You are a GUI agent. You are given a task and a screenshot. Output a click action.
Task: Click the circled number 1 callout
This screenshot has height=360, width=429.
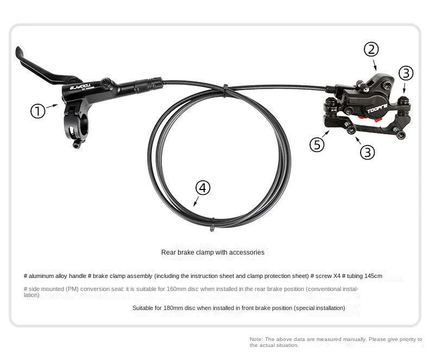pyautogui.click(x=38, y=111)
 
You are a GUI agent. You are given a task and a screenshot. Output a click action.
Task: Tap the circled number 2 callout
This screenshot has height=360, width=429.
pyautogui.click(x=371, y=49)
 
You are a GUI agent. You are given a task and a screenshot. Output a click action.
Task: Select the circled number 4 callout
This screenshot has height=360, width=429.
pyautogui.click(x=203, y=188)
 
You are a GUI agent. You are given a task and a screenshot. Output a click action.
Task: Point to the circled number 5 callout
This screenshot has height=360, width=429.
pyautogui.click(x=317, y=144)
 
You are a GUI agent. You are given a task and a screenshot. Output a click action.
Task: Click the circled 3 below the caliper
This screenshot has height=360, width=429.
pyautogui.click(x=368, y=152)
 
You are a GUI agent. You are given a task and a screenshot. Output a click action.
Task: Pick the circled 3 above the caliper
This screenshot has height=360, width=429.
pyautogui.click(x=406, y=73)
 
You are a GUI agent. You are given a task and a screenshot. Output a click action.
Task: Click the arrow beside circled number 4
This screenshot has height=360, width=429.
pyautogui.click(x=196, y=201)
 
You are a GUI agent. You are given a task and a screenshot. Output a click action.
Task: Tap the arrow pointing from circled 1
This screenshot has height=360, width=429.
pyautogui.click(x=52, y=106)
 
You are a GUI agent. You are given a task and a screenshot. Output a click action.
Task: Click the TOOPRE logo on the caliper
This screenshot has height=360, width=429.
pyautogui.click(x=377, y=109)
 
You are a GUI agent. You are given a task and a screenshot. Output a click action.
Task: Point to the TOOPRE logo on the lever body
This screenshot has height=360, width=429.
pyautogui.click(x=81, y=86)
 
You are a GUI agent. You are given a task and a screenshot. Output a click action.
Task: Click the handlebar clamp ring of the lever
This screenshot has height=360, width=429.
pyautogui.click(x=76, y=127)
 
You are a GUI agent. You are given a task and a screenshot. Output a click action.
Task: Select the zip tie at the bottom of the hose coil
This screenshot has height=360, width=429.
pyautogui.click(x=212, y=224)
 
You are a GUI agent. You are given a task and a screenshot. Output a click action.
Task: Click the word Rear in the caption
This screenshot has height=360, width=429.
pyautogui.click(x=167, y=252)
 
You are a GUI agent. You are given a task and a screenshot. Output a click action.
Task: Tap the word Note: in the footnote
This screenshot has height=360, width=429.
pyautogui.click(x=256, y=339)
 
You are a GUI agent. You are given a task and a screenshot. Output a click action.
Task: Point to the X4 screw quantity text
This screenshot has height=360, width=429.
pyautogui.click(x=337, y=276)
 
